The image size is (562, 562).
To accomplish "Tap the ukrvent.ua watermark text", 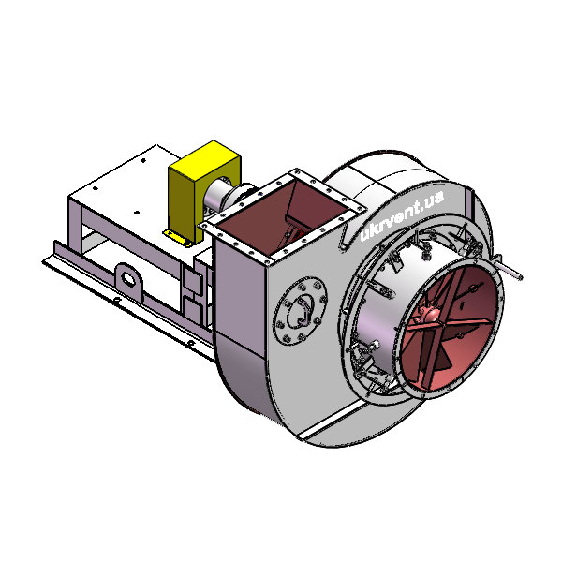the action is (402, 215).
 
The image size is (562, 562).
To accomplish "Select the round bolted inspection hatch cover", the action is (300, 311).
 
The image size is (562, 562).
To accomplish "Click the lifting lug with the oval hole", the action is (128, 279).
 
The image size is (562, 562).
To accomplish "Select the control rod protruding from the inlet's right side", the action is (509, 269).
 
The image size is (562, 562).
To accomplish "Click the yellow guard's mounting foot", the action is (178, 238).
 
